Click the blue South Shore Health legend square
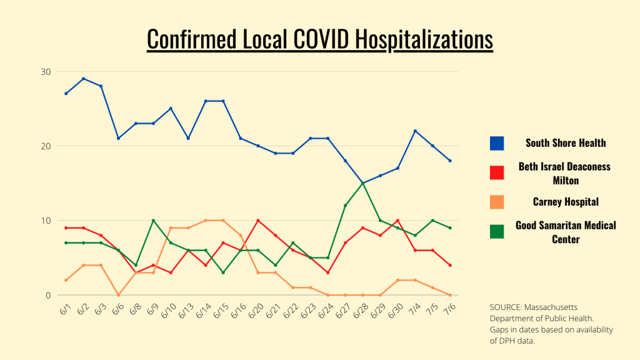click(497, 143)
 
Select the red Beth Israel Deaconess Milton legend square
click(497, 172)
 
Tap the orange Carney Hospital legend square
click(497, 202)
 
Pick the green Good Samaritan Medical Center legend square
click(497, 231)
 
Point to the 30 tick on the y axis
click(46, 71)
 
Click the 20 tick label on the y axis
click(46, 146)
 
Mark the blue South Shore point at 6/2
click(83, 79)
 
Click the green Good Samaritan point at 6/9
click(153, 221)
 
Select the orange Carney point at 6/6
click(118, 295)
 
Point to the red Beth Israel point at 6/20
click(257, 221)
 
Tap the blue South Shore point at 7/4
click(415, 131)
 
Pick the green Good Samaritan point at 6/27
click(345, 206)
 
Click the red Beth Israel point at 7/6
click(450, 265)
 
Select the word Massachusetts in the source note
click(551, 307)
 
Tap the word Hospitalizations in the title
click(424, 39)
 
